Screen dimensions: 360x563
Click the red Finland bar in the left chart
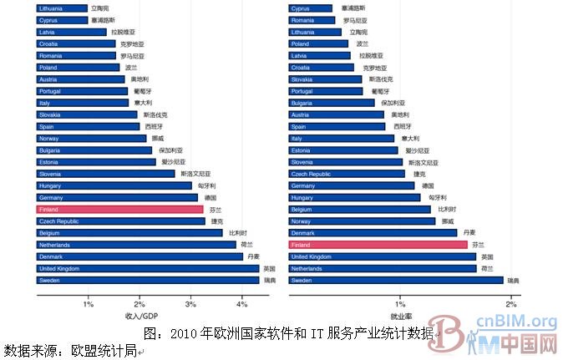click(x=119, y=209)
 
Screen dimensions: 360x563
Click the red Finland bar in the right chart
click(x=378, y=245)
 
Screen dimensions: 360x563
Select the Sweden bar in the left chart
click(x=148, y=281)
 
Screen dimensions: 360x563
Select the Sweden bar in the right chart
click(x=395, y=281)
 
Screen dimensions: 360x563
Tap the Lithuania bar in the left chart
click(x=61, y=8)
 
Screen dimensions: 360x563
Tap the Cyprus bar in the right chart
click(x=312, y=8)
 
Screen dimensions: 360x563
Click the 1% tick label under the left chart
click(x=89, y=302)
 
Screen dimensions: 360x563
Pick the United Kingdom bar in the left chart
click(x=147, y=269)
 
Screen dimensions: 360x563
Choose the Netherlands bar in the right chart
click(x=382, y=269)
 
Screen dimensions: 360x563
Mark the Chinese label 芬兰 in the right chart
click(x=478, y=245)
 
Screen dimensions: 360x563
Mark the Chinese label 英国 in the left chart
click(x=269, y=269)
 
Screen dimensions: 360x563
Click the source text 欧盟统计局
click(x=104, y=350)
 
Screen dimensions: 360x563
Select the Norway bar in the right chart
click(x=362, y=221)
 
